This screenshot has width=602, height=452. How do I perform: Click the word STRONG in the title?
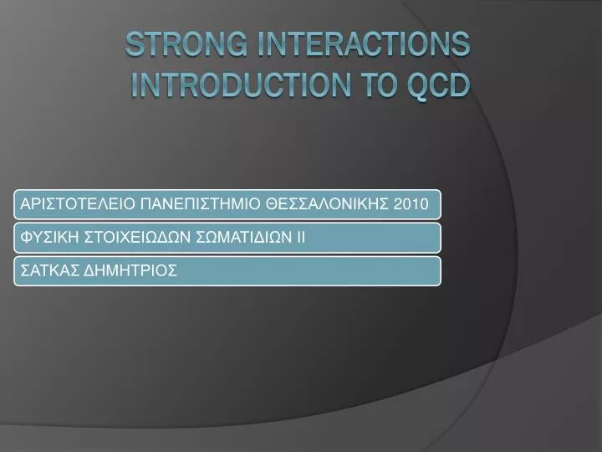click(186, 44)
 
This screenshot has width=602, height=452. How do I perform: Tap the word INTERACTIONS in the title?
click(364, 44)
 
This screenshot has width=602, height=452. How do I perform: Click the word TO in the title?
click(380, 85)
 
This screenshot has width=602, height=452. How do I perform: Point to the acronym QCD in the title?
click(438, 85)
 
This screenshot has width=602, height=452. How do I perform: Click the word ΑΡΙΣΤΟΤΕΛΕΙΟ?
click(77, 203)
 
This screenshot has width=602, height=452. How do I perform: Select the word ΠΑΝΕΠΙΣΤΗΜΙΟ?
click(200, 203)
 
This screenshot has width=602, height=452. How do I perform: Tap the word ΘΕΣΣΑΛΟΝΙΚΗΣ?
click(327, 203)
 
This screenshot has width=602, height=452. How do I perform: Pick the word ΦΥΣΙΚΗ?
click(49, 237)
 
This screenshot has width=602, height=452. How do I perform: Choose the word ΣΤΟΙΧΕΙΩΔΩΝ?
click(137, 237)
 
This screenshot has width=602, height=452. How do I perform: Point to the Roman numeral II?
click(301, 237)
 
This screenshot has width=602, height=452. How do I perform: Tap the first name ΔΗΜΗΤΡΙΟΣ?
click(130, 270)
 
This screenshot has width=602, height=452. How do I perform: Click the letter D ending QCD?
click(461, 85)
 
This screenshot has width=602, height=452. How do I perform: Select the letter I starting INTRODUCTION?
click(135, 85)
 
